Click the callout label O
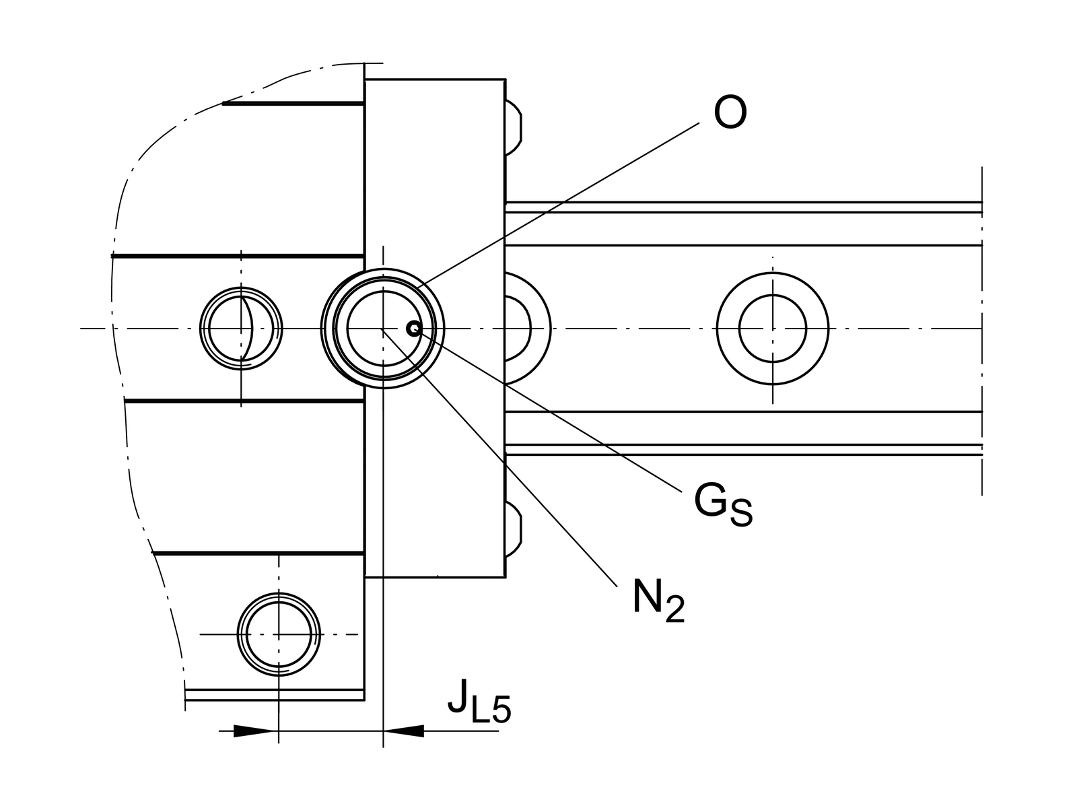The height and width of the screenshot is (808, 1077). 730,112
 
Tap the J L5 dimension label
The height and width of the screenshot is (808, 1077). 479,704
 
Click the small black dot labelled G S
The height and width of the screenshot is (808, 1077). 413,329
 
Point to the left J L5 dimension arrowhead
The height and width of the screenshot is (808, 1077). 255,731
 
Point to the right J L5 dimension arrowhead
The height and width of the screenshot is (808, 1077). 404,731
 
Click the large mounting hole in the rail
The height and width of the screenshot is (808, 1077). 772,329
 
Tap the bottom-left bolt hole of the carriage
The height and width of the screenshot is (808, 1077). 278,634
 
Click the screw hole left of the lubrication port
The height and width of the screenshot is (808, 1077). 241,329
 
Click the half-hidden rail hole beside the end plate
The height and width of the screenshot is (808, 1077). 525,329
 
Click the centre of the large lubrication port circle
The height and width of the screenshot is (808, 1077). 382,329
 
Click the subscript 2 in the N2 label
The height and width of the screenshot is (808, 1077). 674,609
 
